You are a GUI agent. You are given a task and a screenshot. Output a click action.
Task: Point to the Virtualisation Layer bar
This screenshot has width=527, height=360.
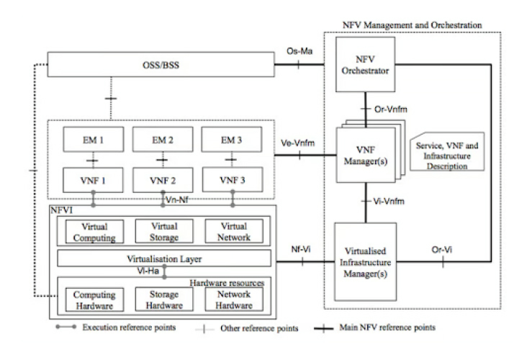[x=159, y=257]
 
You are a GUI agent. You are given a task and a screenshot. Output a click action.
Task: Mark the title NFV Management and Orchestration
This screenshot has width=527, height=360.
[x=412, y=26]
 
